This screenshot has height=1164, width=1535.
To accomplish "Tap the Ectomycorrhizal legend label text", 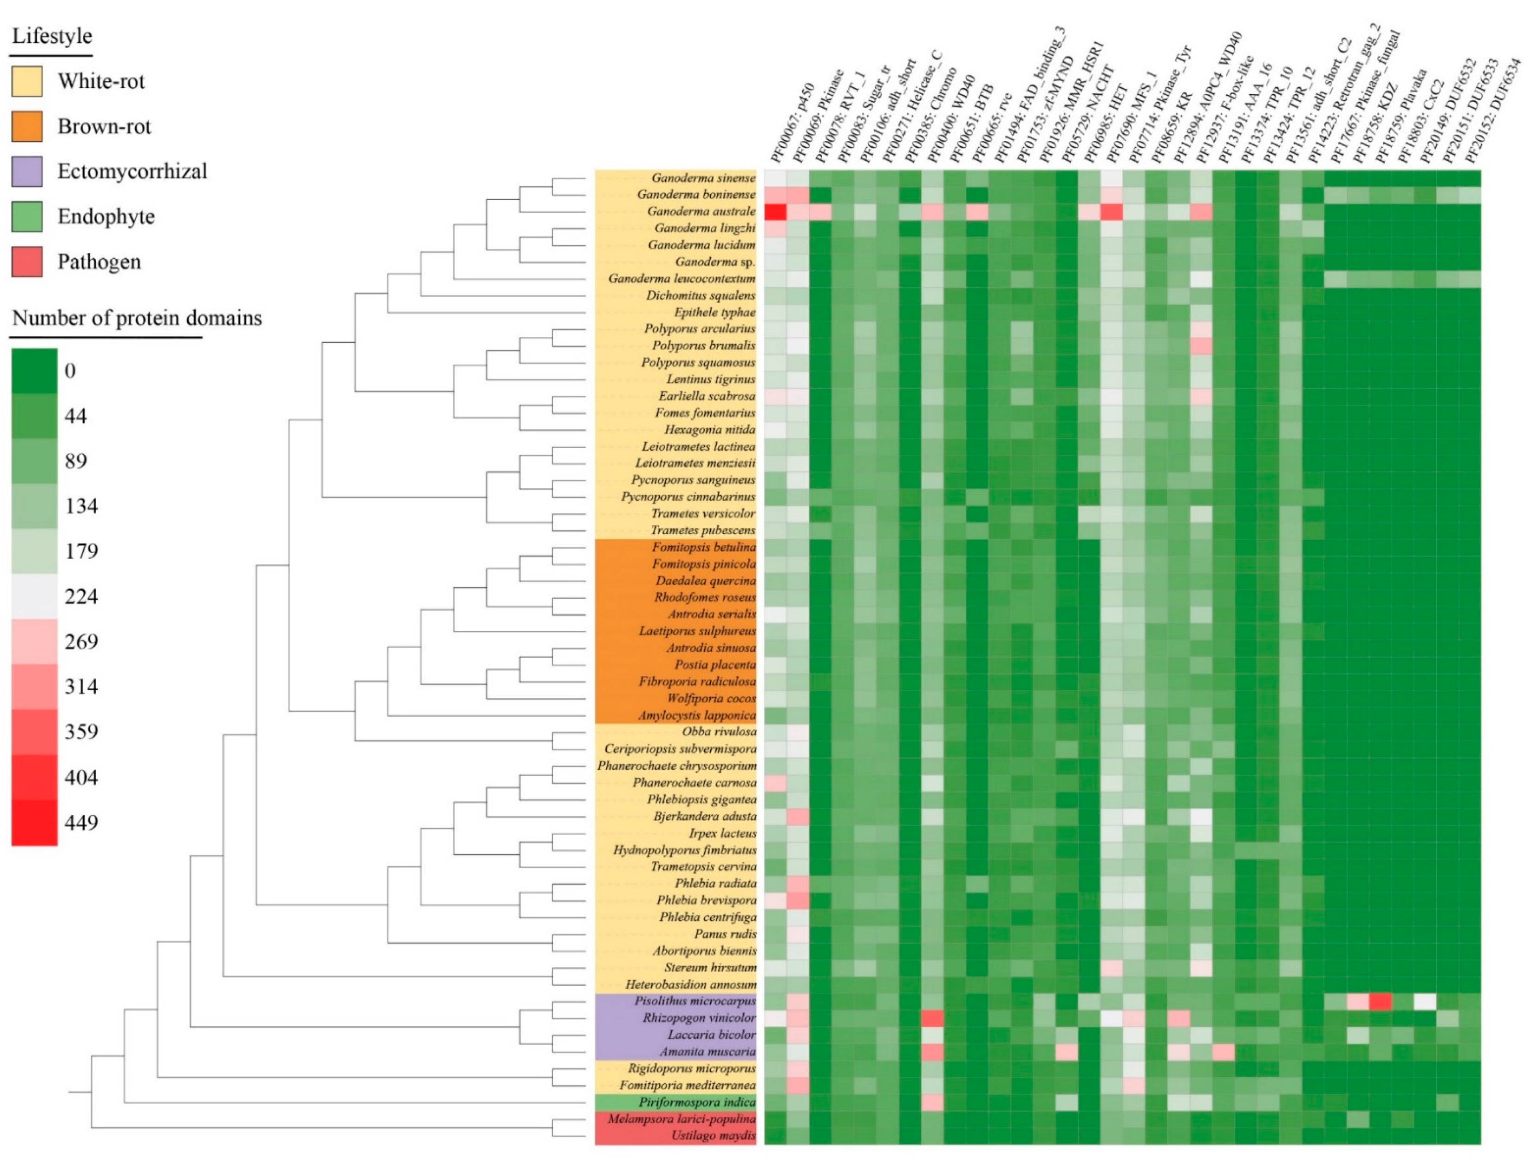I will click(132, 171).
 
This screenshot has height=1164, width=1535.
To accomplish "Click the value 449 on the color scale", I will click(81, 823).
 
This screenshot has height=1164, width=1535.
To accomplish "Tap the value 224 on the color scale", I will click(81, 596).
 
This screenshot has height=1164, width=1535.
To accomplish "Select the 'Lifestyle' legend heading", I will click(52, 36).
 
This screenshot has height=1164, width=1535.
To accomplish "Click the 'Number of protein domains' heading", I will click(137, 318).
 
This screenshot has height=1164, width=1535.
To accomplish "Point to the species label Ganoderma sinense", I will click(703, 178).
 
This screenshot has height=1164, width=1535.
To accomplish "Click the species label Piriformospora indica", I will click(697, 1102).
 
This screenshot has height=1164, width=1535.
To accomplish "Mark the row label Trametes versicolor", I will click(703, 514).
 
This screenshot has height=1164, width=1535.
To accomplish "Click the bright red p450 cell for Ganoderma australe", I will click(775, 211).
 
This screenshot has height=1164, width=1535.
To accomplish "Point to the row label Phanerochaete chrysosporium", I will click(676, 766).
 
